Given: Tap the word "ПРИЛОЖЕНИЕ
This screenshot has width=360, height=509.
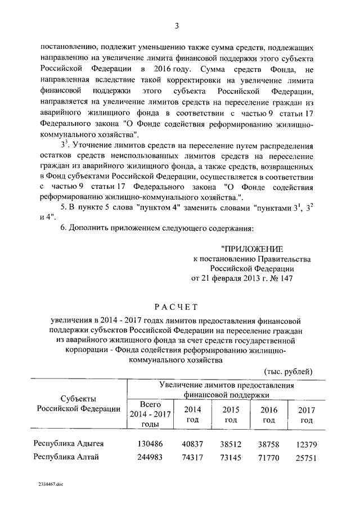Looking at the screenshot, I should [x=251, y=248].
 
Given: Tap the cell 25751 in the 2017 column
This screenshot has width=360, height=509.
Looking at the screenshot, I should [x=306, y=457].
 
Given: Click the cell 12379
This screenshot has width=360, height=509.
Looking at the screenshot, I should [x=306, y=444].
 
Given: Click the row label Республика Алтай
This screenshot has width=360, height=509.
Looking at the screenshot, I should [x=66, y=457].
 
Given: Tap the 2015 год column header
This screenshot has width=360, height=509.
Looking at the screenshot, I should [x=231, y=415].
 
